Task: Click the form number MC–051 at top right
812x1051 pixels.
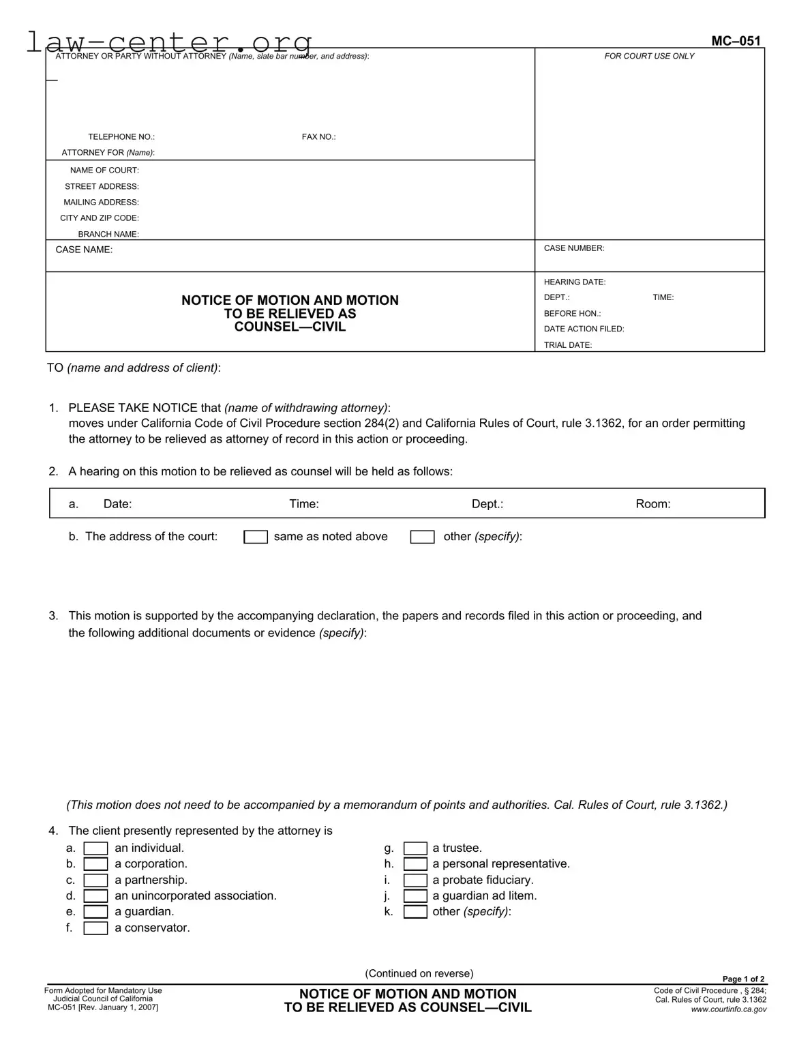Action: coord(736,41)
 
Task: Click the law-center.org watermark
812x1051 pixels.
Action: coord(169,42)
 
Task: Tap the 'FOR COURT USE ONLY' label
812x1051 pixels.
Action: coord(649,56)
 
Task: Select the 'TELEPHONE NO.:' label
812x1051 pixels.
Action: coord(121,137)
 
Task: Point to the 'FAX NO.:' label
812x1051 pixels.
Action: coord(318,137)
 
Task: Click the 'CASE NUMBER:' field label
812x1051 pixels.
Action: coord(573,248)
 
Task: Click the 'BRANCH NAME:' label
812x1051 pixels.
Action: coord(108,234)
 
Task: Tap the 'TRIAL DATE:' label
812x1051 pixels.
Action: coord(567,345)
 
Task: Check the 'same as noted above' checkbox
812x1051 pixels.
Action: coord(256,537)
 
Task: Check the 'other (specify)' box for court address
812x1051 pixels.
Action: coord(422,537)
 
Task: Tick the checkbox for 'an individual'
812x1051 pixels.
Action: coord(95,848)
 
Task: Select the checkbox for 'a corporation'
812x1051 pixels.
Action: coord(95,864)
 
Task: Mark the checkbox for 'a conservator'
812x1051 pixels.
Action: coord(95,928)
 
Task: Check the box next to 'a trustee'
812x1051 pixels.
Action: coord(415,848)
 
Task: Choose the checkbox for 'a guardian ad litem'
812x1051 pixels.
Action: coord(415,896)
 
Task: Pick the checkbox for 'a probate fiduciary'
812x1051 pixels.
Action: coord(415,880)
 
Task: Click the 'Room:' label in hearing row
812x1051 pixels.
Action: coord(652,504)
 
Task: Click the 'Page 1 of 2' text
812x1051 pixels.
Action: coord(743,979)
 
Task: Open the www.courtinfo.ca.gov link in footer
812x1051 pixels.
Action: coord(728,1009)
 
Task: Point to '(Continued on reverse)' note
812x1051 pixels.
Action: coord(419,973)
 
